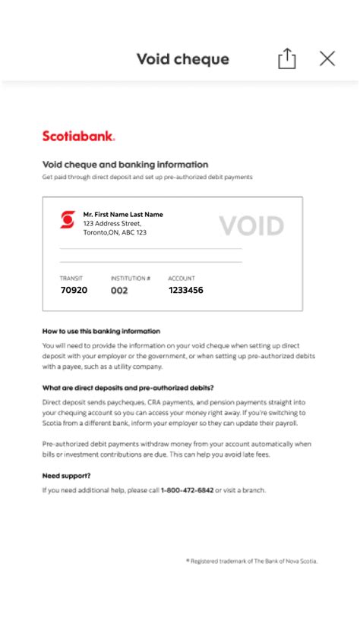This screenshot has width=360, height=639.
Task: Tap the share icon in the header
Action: (287, 59)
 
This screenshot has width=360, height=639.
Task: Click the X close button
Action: (327, 58)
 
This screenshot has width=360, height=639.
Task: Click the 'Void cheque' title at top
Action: (182, 59)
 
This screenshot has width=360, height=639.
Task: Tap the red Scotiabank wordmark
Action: (78, 136)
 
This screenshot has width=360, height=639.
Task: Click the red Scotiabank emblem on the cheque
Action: (68, 220)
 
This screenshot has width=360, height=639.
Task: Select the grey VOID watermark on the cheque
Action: (251, 225)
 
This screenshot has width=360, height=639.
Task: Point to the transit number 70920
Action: (74, 290)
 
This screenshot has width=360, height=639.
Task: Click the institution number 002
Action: (119, 290)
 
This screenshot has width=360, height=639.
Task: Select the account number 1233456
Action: (185, 290)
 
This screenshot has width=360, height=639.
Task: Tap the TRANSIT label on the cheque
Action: (71, 279)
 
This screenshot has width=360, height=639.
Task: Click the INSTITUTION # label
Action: (131, 279)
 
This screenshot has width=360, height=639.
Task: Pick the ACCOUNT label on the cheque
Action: (182, 279)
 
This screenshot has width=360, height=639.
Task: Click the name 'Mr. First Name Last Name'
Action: (123, 215)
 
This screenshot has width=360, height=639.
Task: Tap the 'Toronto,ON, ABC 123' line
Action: (115, 233)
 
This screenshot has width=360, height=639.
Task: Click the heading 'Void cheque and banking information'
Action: (125, 164)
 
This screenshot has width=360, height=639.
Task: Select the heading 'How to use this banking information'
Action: (101, 332)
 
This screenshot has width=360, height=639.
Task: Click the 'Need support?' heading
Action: (66, 476)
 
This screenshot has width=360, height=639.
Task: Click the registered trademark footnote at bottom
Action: (251, 561)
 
